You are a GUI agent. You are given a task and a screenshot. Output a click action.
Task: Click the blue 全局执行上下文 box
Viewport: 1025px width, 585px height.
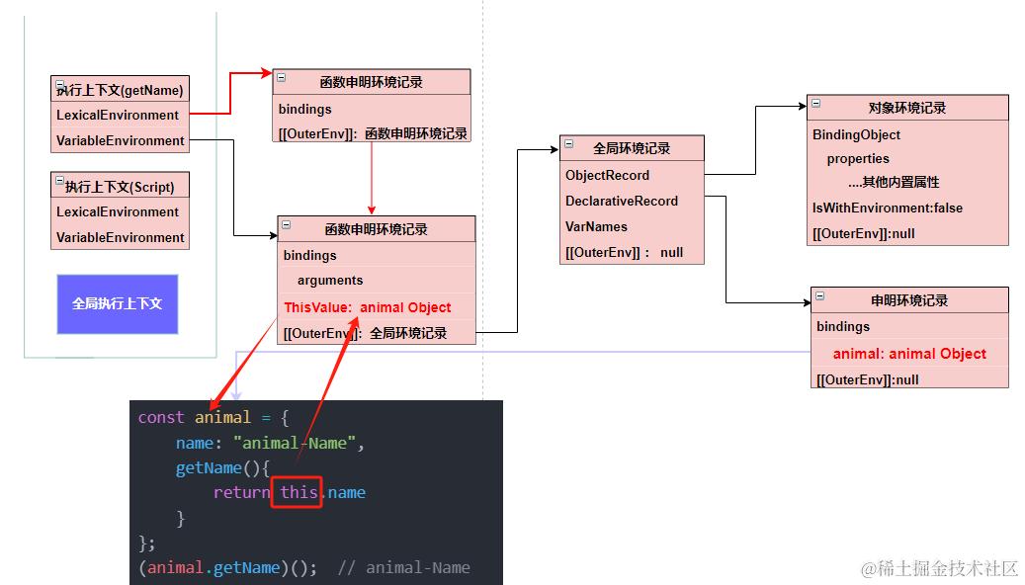117,303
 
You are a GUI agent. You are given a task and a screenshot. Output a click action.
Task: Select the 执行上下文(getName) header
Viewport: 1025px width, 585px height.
120,90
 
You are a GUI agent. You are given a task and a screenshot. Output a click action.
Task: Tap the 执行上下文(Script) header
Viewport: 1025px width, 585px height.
120,186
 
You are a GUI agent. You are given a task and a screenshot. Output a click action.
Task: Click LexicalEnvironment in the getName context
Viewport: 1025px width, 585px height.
118,115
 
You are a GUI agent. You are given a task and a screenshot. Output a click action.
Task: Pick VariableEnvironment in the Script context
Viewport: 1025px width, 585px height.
120,237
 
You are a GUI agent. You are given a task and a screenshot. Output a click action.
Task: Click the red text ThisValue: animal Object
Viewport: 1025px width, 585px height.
367,307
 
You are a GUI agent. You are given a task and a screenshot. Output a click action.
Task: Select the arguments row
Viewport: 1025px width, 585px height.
330,281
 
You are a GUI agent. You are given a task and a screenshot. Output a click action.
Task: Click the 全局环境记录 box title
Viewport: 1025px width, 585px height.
632,148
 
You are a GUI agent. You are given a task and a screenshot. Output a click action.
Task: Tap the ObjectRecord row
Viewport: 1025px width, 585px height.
607,175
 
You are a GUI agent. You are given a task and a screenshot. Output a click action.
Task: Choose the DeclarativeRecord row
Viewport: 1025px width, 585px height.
622,201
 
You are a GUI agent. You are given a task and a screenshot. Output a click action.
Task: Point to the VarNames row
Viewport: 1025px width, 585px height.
596,226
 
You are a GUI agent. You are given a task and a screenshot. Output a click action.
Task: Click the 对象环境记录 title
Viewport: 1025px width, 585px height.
907,108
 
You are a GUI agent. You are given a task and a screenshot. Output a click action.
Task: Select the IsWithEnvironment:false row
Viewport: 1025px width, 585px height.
887,208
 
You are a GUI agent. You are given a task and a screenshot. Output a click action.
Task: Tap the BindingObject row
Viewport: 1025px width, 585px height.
856,134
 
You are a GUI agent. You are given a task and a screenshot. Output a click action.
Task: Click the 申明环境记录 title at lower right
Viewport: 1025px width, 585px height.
909,300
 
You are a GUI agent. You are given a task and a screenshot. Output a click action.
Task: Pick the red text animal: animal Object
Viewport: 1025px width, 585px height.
909,354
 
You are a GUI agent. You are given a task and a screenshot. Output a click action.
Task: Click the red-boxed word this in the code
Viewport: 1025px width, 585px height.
297,492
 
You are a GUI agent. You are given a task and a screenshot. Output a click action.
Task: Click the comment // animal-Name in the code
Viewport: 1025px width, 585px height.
403,567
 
